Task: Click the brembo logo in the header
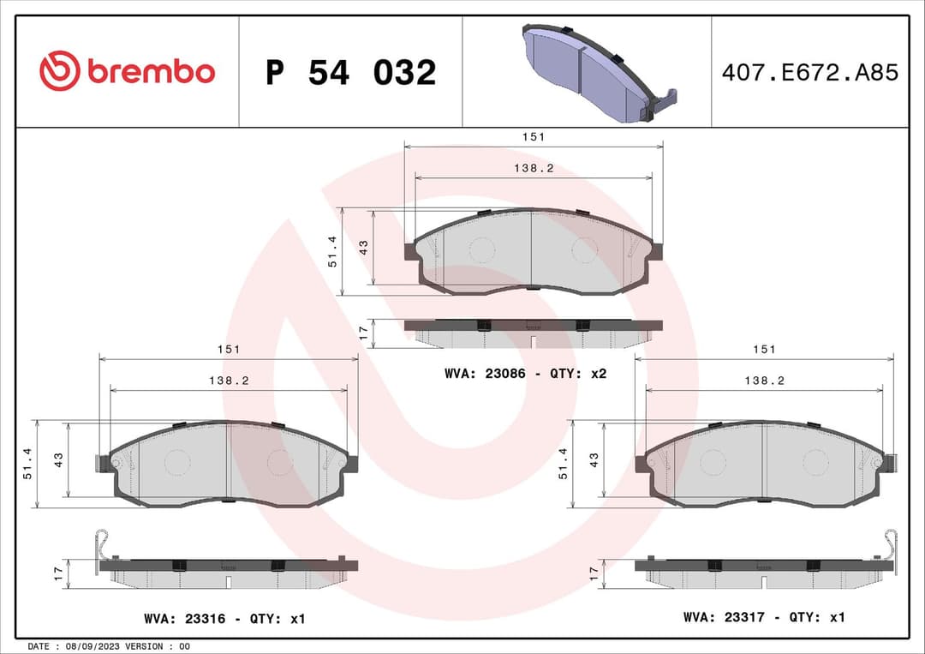click(x=127, y=72)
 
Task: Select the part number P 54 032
click(x=350, y=73)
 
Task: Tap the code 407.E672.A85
click(x=809, y=73)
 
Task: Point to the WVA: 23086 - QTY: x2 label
click(x=525, y=374)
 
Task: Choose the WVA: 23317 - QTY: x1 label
click(x=764, y=617)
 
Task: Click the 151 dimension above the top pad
click(x=534, y=136)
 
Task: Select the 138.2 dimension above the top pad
click(x=534, y=168)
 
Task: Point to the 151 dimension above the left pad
click(x=228, y=349)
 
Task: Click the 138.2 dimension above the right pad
click(x=764, y=381)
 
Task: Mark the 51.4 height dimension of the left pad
click(x=27, y=463)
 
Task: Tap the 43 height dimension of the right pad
click(x=594, y=459)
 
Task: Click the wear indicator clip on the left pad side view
click(x=102, y=543)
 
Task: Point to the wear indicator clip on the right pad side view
click(x=891, y=543)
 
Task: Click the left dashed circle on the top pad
click(x=482, y=250)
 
